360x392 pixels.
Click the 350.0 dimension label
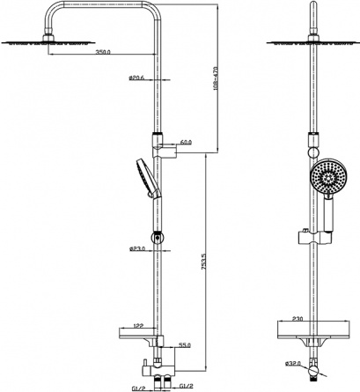(x=103, y=52)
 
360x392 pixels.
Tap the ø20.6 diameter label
(x=136, y=78)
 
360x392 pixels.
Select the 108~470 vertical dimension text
(x=217, y=78)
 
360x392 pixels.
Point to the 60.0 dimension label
(x=186, y=142)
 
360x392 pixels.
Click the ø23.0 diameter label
(x=137, y=249)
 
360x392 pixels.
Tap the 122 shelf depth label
(x=137, y=325)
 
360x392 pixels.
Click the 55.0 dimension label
(x=185, y=345)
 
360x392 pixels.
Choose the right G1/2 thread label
(x=186, y=386)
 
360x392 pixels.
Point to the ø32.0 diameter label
(x=293, y=364)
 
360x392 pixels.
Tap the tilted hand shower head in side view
(x=148, y=178)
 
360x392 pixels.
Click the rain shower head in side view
(x=48, y=42)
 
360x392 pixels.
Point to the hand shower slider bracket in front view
(x=315, y=238)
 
